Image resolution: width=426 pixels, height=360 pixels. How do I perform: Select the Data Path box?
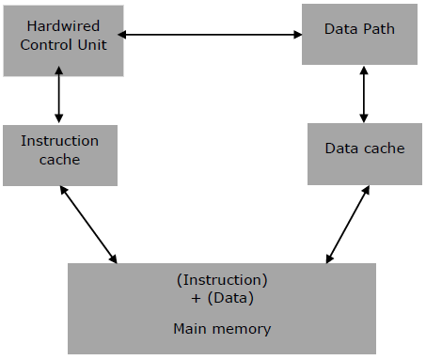click(345, 34)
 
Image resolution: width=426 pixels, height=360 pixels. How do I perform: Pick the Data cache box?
click(364, 152)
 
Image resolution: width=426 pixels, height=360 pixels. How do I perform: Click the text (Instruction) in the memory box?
click(222, 280)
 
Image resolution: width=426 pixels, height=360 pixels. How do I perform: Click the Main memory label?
click(222, 329)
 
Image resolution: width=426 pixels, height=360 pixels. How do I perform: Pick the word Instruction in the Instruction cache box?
click(59, 141)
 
